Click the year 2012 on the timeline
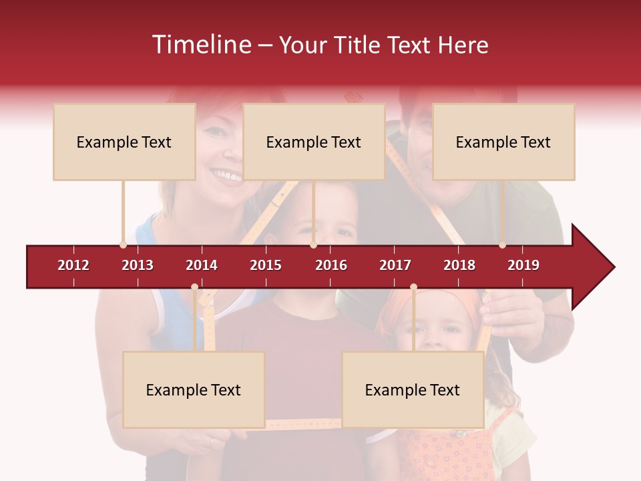(73, 265)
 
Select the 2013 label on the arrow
(138, 265)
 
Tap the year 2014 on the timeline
(202, 265)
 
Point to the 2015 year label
(266, 265)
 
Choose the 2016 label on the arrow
(331, 265)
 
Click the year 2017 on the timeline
(395, 265)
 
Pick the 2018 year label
(459, 265)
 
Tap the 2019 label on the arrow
(523, 265)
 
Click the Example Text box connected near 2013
(124, 142)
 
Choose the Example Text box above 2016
(314, 142)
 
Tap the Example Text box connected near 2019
(503, 142)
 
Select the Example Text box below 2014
(194, 389)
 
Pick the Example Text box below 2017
(413, 389)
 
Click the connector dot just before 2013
(123, 245)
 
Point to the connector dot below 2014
(194, 287)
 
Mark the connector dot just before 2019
(502, 245)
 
